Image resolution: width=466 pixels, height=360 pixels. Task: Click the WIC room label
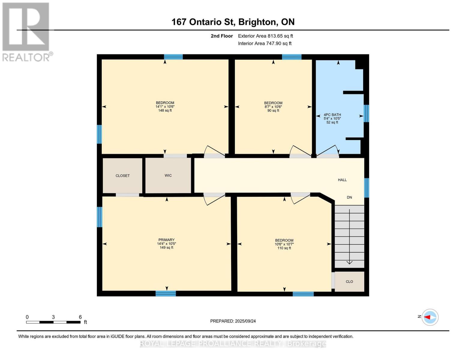point(168,175)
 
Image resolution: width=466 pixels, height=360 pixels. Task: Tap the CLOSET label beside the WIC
point(122,176)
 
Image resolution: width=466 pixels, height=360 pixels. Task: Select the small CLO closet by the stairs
point(349,282)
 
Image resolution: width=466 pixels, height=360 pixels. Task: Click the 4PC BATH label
point(332,115)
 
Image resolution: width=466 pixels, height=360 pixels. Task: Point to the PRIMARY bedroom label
point(166,240)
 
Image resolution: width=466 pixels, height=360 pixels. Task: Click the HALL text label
point(342,180)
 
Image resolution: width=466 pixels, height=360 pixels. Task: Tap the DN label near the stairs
point(349,197)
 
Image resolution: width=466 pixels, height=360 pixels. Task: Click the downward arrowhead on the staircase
point(350,262)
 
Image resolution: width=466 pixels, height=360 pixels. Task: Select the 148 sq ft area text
point(165,111)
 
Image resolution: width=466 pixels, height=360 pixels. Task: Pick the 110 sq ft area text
point(284,248)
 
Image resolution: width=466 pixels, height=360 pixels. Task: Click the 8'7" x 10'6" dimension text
point(273,107)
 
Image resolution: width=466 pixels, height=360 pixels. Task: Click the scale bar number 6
point(80,317)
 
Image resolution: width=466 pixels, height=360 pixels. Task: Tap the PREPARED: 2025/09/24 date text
point(233,321)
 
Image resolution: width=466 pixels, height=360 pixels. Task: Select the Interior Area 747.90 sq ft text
point(265,43)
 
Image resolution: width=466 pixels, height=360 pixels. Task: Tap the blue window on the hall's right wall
point(366,188)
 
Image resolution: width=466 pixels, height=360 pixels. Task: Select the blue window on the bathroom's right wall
point(366,113)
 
